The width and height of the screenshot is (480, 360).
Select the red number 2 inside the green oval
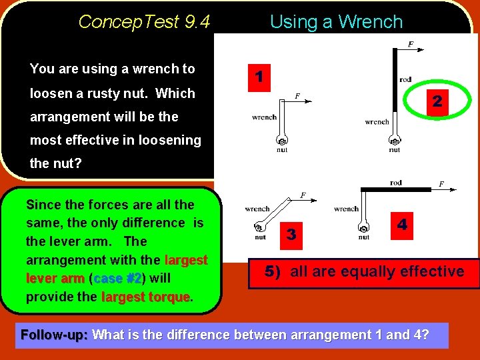437,101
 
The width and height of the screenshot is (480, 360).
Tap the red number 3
291,234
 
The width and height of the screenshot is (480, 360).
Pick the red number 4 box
402,225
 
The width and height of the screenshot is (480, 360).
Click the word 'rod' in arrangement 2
405,80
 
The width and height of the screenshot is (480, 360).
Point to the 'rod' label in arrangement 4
396,183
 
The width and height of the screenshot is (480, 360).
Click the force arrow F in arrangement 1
302,100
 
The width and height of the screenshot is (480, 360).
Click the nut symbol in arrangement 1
282,142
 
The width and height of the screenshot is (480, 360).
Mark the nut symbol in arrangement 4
363,227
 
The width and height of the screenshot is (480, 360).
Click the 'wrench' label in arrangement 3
257,209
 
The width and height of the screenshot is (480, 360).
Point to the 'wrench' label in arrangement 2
377,122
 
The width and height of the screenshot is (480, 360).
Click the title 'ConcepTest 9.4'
144,22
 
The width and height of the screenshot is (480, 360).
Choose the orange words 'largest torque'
145,297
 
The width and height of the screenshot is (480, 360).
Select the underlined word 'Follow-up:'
55,335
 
